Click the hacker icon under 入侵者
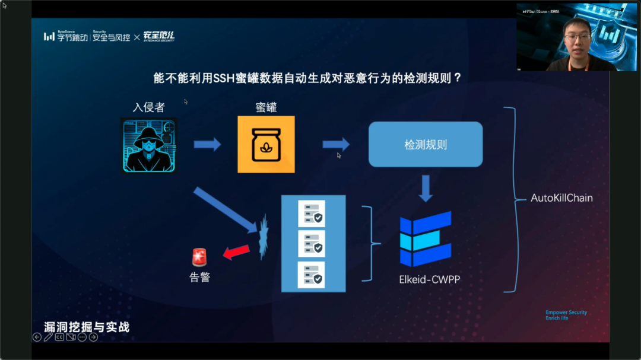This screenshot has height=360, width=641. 149,145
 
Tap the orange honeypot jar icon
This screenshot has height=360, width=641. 266,145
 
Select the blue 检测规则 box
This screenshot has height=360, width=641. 426,145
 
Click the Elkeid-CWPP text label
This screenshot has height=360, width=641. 429,279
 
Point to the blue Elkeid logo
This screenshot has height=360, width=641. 426,238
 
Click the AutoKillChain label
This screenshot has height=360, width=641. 561,198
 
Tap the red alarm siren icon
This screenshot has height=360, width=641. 199,257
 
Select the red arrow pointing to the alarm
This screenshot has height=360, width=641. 236,253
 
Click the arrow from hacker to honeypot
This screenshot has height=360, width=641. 207,144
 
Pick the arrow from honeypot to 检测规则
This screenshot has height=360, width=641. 336,144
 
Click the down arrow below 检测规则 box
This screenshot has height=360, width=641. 426,188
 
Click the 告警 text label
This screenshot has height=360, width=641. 199,277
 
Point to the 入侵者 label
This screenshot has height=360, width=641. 148,107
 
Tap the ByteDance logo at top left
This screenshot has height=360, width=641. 65,37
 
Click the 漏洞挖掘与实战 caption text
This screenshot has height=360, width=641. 87,327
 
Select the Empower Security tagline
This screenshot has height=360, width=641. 566,313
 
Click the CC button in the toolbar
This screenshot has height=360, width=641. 59,337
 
